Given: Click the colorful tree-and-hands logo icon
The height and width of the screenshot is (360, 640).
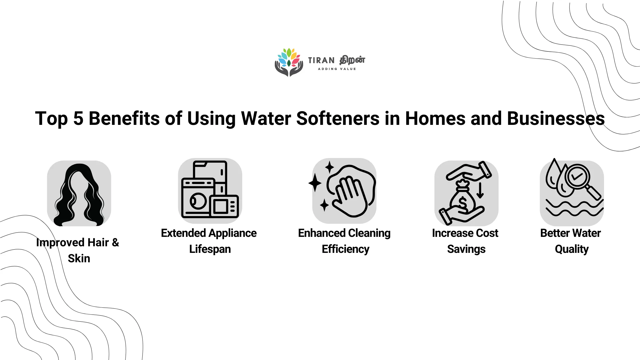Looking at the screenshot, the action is click(289, 62).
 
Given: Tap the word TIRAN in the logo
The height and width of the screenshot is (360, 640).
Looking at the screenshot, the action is click(321, 60).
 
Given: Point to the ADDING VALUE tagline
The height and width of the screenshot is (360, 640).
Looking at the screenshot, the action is click(337, 69).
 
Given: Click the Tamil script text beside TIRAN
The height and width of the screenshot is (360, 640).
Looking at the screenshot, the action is click(352, 60).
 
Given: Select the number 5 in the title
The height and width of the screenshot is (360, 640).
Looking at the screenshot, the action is click(78, 118).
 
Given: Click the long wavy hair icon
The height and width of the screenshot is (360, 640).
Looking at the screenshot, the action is click(79, 195).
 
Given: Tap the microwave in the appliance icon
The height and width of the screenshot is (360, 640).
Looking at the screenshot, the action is click(225, 206).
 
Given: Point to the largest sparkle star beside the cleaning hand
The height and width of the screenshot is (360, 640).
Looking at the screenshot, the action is click(315, 183).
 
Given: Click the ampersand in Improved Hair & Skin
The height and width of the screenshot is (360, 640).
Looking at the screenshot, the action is click(115, 242).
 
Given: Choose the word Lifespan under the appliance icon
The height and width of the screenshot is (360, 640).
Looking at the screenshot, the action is click(210, 249).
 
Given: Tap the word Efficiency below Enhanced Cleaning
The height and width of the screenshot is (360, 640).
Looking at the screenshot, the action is click(345, 249).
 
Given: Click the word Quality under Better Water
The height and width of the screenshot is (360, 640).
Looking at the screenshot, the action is click(572, 249).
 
